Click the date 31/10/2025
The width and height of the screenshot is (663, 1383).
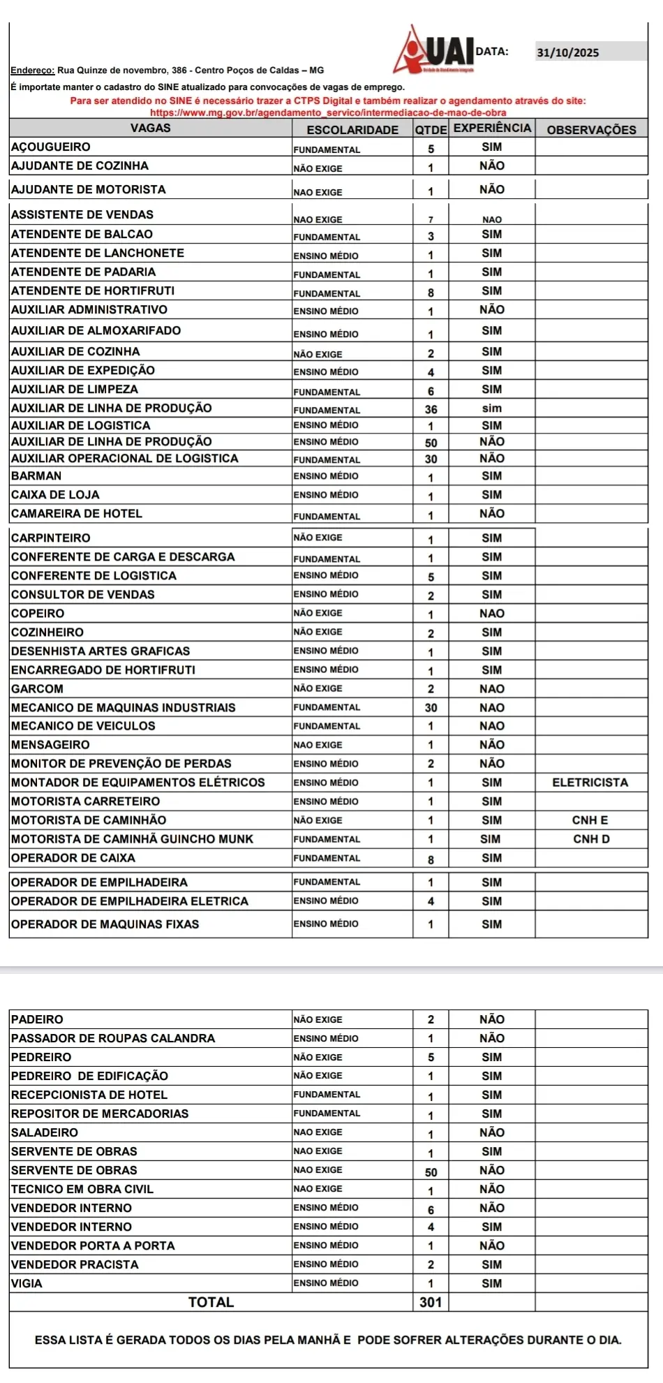click(x=567, y=52)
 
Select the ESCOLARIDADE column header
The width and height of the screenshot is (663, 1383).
click(x=352, y=129)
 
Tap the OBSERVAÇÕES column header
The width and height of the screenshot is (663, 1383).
click(x=591, y=129)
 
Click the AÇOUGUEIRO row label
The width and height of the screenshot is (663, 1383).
click(x=51, y=147)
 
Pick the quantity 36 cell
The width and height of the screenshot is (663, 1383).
click(x=431, y=409)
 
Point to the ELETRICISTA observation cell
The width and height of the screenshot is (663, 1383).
click(x=590, y=782)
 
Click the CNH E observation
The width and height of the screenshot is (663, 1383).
click(x=590, y=820)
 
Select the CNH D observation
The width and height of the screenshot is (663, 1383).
click(x=591, y=838)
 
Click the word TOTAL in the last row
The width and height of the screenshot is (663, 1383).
click(x=211, y=1301)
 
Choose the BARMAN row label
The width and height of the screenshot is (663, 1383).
click(x=36, y=475)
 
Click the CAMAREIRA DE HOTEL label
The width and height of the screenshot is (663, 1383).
click(x=77, y=513)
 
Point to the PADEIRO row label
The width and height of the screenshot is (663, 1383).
click(x=37, y=1019)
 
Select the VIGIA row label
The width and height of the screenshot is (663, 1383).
click(x=27, y=1282)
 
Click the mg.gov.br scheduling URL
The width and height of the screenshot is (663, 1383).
click(x=328, y=112)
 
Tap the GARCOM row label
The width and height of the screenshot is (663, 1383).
click(x=37, y=688)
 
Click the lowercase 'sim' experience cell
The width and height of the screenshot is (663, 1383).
click(x=491, y=408)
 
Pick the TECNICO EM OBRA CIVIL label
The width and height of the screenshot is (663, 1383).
click(x=82, y=1188)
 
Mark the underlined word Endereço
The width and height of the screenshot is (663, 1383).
click(x=32, y=71)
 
